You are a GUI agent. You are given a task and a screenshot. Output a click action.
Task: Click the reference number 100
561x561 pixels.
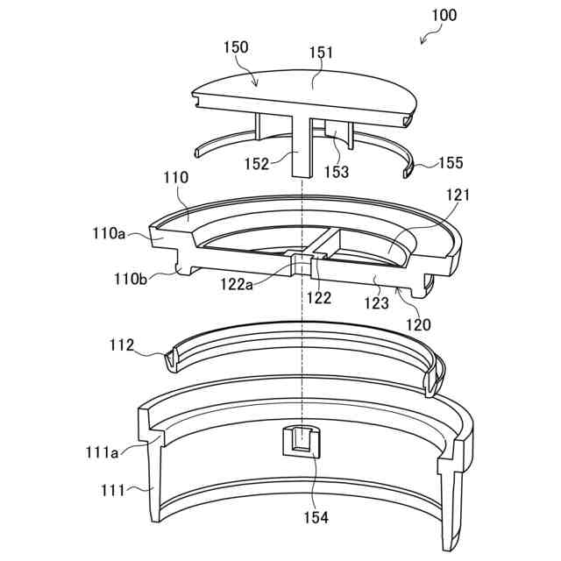444,15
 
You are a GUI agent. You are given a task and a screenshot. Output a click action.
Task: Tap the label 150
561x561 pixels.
236,46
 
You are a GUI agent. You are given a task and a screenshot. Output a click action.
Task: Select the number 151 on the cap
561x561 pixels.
321,54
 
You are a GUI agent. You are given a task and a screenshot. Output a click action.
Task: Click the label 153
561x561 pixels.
336,172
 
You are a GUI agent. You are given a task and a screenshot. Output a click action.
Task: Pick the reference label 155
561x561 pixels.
449,163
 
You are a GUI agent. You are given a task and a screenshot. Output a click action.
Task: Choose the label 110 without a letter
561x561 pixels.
175,178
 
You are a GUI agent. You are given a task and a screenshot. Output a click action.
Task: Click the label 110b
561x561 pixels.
131,280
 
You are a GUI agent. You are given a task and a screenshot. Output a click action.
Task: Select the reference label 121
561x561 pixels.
458,195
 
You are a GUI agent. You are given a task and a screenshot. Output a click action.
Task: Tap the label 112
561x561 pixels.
122,345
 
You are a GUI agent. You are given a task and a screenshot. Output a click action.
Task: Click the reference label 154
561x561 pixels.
316,517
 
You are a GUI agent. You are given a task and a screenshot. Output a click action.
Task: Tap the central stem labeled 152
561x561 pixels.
302,145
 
